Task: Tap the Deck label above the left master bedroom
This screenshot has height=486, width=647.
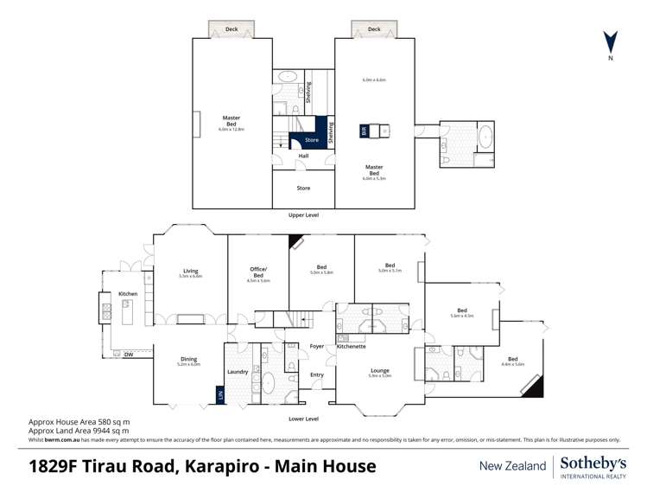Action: coord(232,29)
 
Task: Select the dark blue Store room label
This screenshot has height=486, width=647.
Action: coord(312,139)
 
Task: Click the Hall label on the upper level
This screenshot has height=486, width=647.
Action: coord(303,157)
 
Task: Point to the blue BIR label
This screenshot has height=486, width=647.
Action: coord(363,131)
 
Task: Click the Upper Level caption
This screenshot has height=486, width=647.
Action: coord(303,214)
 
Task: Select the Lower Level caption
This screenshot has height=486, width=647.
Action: coord(303,419)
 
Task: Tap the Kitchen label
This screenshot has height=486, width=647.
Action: coord(128,294)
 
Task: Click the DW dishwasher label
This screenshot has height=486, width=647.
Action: coord(128,354)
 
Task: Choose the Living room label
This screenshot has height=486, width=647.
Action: coord(190,271)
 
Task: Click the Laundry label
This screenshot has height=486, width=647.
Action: coord(238,372)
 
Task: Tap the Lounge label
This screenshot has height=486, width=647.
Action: coord(379,370)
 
